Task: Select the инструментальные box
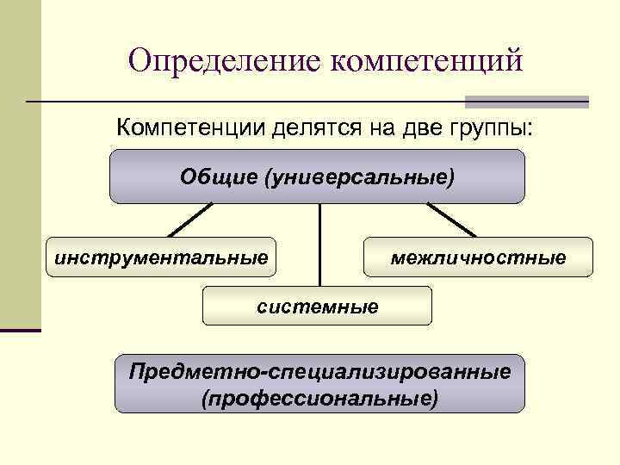tap(161, 257)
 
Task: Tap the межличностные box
tap(479, 257)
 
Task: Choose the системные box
tap(317, 306)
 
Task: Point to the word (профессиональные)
tap(319, 399)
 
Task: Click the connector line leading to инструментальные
tap(189, 220)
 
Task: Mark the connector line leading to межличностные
tap(451, 220)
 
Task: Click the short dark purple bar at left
tap(21, 330)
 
